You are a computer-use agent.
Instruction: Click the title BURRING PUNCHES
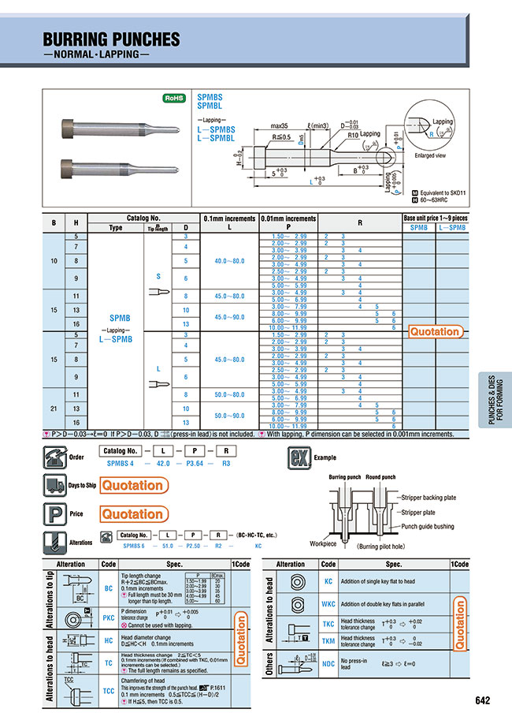[x=111, y=39]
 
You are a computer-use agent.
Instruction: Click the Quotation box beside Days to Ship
[x=132, y=485]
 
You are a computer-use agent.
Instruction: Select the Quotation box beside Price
[x=132, y=513]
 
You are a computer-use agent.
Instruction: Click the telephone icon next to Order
[x=55, y=456]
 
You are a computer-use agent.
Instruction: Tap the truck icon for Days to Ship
[x=55, y=485]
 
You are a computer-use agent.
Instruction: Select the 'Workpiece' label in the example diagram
[x=324, y=543]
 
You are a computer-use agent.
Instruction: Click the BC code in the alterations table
[x=108, y=588]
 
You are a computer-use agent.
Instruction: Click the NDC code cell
[x=328, y=663]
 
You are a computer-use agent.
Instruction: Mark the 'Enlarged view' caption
[x=430, y=156]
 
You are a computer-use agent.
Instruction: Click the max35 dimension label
[x=278, y=126]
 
